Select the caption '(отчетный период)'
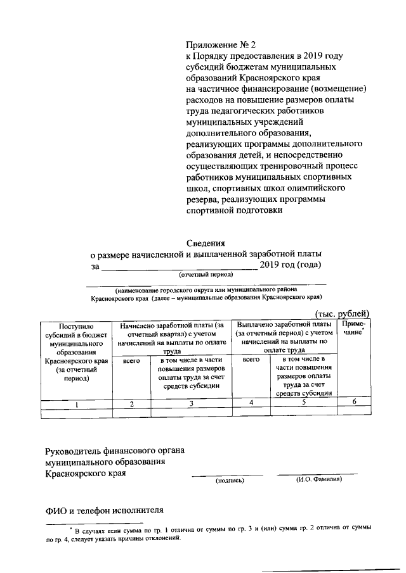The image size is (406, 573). coord(206,275)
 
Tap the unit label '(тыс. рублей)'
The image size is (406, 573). coord(342,313)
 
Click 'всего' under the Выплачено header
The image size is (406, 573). coord(251,359)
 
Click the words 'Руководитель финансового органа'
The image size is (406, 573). coord(114,451)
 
